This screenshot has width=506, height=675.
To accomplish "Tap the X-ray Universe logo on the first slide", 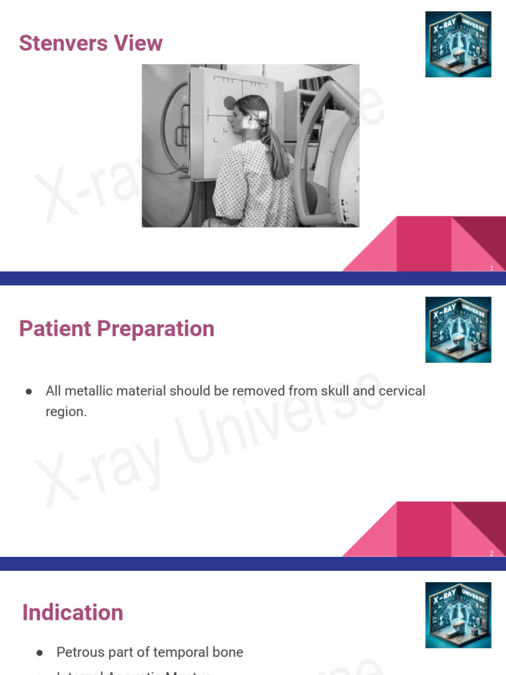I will click(x=458, y=44).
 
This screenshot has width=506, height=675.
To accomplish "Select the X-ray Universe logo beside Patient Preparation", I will click(x=458, y=330).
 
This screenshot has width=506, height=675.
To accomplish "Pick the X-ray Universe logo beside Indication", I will click(x=458, y=614).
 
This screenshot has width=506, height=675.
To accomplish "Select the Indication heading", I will click(x=72, y=612).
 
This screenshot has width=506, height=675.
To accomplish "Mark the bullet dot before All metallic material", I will click(x=29, y=392).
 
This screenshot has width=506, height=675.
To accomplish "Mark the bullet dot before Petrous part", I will click(x=40, y=653).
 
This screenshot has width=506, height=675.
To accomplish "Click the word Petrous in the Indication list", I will click(x=80, y=653).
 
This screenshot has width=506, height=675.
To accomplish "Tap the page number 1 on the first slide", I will click(x=492, y=268).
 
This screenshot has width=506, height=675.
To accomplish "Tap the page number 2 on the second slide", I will click(x=492, y=554).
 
